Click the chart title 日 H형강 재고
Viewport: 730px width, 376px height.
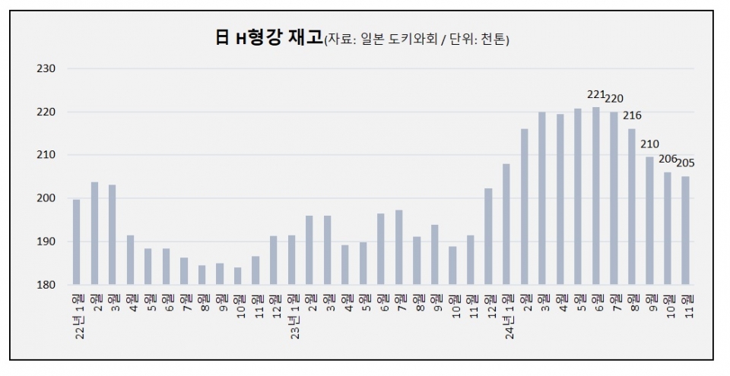pyautogui.click(x=268, y=39)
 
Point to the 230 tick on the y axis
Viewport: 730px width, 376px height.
pyautogui.click(x=47, y=68)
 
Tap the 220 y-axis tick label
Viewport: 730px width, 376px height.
pyautogui.click(x=47, y=112)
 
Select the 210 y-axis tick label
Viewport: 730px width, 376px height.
pyautogui.click(x=47, y=155)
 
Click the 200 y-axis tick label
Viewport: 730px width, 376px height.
pyautogui.click(x=47, y=198)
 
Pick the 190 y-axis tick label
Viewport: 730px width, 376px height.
pyautogui.click(x=47, y=242)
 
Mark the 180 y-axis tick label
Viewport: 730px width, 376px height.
pyautogui.click(x=47, y=285)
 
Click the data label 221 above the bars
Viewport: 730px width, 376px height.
pyautogui.click(x=596, y=95)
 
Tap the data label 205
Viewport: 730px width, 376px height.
pyautogui.click(x=685, y=163)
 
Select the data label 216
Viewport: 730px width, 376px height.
pyautogui.click(x=632, y=116)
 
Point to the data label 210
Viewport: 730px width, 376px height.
pyautogui.click(x=649, y=144)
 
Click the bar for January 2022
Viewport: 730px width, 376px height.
pyautogui.click(x=76, y=242)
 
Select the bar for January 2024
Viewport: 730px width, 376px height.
pyautogui.click(x=506, y=224)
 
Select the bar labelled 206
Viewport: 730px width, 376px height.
pyautogui.click(x=668, y=228)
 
